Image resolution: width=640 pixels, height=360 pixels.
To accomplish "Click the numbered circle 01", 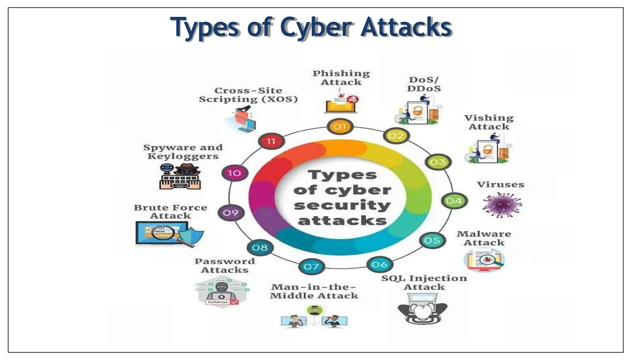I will coord(340,127).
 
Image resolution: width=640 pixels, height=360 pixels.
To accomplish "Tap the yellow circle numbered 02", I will coord(396,136).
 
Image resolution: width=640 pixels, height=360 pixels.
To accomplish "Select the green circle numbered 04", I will coord(454,201).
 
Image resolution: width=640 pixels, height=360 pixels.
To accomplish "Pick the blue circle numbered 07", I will coord(312,267).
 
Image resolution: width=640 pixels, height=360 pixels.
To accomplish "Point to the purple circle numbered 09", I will coord(231,213).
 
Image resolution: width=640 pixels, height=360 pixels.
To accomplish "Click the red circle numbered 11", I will coord(271,141).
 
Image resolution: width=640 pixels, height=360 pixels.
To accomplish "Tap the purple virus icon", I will coord(502,204).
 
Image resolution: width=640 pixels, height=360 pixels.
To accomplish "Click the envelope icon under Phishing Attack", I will coord(340,105).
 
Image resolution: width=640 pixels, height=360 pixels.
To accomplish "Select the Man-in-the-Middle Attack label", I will coord(314,291).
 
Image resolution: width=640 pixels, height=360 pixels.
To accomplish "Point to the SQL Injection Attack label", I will coord(424,282).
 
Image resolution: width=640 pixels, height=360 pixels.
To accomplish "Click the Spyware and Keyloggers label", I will coord(183,152).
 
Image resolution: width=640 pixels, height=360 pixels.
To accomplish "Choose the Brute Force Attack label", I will coord(171,212).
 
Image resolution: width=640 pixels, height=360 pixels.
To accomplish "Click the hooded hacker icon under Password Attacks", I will coord(222,292).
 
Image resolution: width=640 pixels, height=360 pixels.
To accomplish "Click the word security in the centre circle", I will coord(342,206).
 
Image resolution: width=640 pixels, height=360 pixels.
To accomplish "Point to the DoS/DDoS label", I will coord(424,84).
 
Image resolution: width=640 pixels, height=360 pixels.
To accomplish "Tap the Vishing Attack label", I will coord(489,122).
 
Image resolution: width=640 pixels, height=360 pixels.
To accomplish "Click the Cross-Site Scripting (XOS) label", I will coord(248,95).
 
